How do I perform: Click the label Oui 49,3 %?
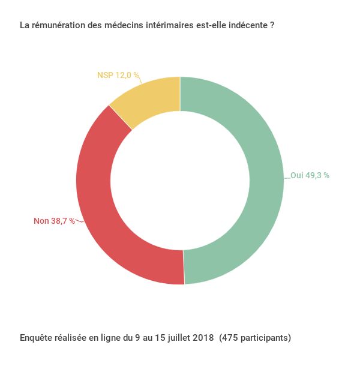(310, 176)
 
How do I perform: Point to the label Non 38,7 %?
(54, 221)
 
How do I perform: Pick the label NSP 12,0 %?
(118, 75)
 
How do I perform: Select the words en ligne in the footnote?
(106, 338)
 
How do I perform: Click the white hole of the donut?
(180, 180)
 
